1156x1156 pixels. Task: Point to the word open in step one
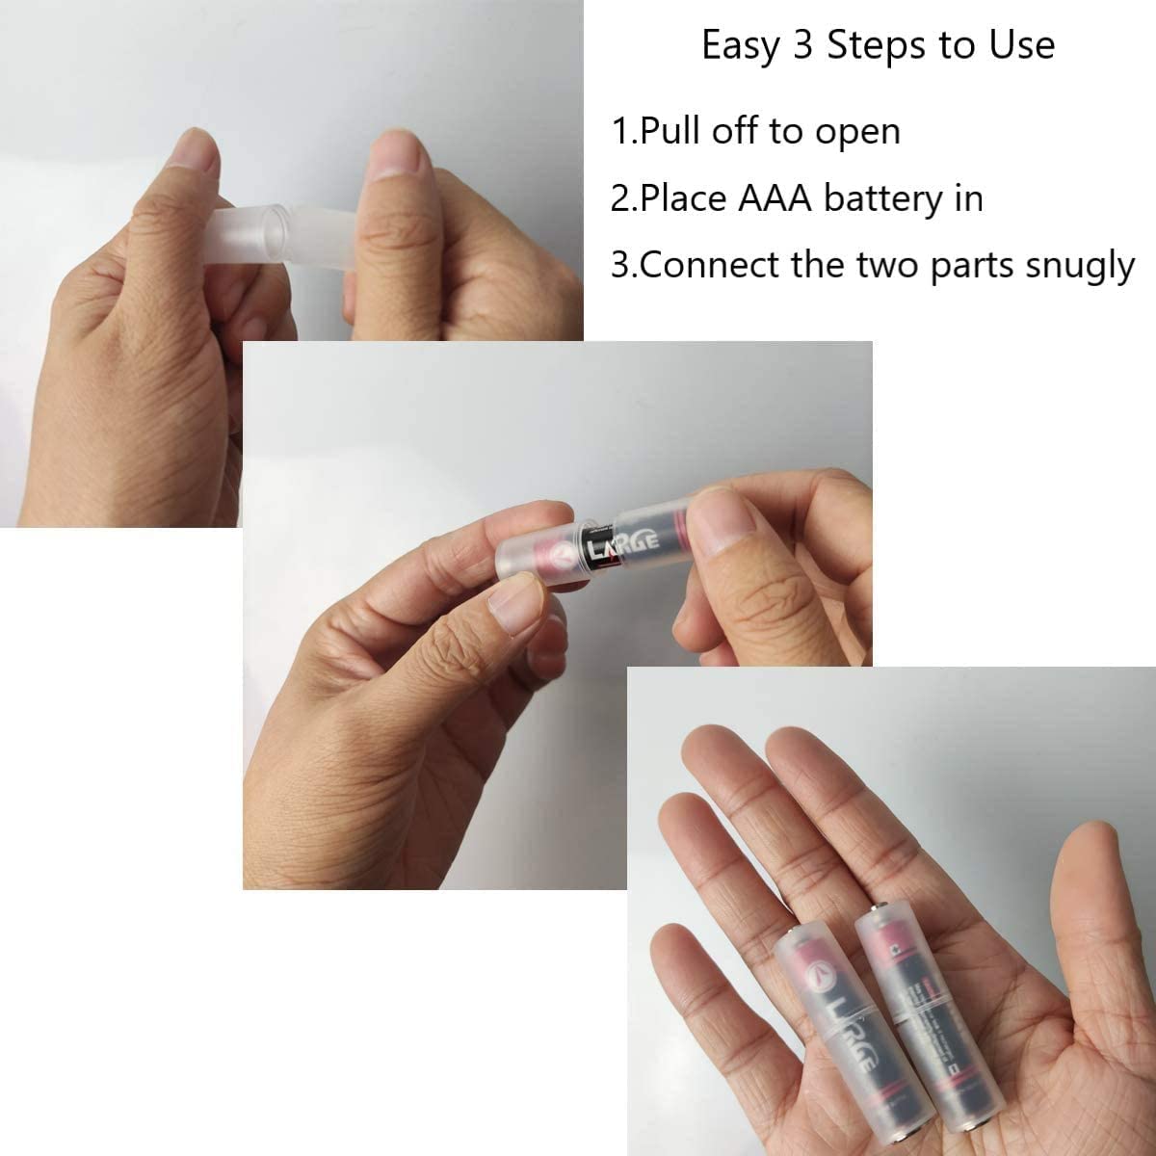click(857, 132)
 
